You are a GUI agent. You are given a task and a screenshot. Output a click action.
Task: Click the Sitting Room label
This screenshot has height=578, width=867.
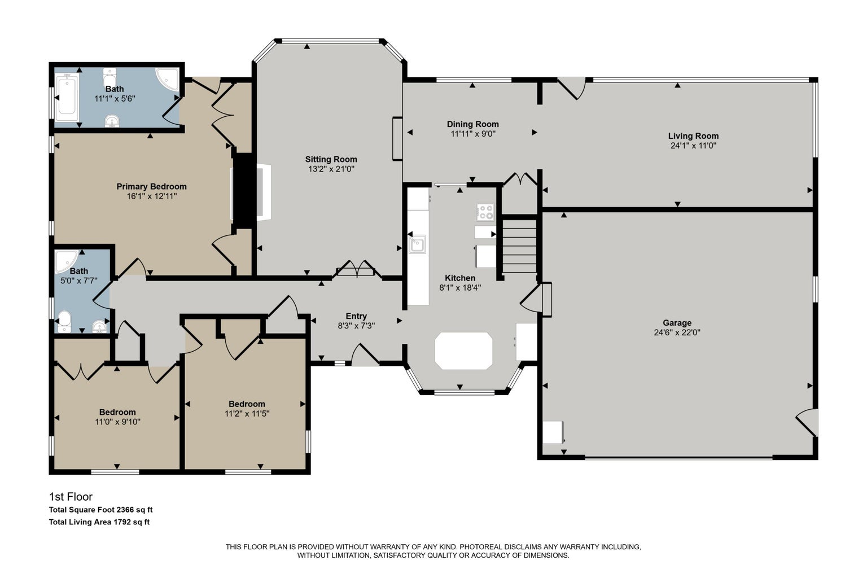(x=331, y=159)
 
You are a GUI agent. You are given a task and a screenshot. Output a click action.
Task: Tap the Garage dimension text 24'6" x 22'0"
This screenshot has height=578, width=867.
(x=677, y=332)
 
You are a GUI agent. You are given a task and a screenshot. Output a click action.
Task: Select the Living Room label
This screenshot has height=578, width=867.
(x=693, y=136)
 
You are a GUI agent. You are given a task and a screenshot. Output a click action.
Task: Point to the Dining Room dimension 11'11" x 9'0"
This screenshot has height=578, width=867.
(x=473, y=134)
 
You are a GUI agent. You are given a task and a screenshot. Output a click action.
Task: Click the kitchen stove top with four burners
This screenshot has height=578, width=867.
(x=485, y=212)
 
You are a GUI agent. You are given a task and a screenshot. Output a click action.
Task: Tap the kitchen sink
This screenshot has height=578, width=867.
(x=418, y=244)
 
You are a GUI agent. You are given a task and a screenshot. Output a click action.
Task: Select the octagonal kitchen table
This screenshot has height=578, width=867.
(x=463, y=351)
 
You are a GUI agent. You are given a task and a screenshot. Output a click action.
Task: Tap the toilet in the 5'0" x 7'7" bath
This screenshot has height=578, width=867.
(x=64, y=322)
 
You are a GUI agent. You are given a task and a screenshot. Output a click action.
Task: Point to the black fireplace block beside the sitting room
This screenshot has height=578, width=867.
(x=243, y=190)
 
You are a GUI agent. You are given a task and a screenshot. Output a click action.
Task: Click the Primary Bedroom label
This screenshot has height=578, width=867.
(x=152, y=187)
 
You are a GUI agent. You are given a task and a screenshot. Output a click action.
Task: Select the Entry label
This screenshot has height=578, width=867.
(x=356, y=316)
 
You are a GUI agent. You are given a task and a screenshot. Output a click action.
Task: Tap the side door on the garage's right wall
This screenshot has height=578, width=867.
(x=807, y=422)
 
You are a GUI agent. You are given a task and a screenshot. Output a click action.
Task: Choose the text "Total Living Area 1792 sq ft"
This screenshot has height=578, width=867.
(x=99, y=522)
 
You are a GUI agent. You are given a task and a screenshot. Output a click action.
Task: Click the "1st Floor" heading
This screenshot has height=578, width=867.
(x=71, y=497)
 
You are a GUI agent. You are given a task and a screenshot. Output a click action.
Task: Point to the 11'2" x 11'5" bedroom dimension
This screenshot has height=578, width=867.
(x=247, y=414)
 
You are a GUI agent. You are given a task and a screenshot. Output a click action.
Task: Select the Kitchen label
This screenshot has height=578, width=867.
(x=460, y=278)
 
